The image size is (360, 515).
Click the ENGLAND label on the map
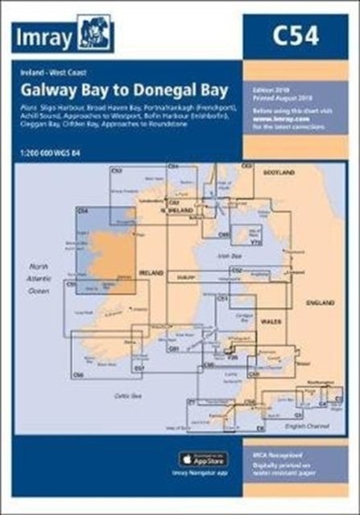coord(322,303)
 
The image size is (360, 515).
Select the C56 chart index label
coord(78,375)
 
